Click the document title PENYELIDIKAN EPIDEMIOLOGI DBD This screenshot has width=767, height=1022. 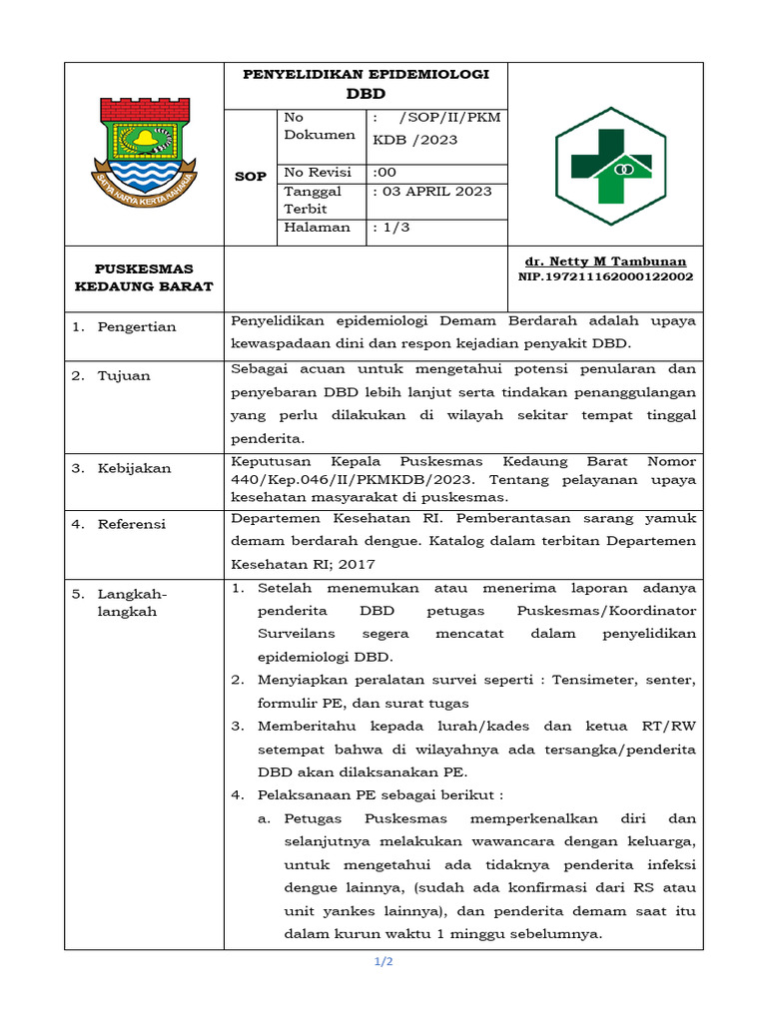tap(367, 84)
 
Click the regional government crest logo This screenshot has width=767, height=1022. tap(144, 152)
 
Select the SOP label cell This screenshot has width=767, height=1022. tap(250, 177)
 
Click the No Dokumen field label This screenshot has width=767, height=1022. tap(319, 126)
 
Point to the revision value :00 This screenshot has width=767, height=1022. tap(384, 171)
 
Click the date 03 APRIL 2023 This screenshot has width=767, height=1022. tap(437, 191)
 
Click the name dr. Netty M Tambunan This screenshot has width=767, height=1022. tap(605, 260)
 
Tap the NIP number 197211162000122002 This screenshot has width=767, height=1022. tap(605, 276)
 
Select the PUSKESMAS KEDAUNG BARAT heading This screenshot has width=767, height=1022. tap(144, 277)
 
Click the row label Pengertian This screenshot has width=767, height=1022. tap(136, 327)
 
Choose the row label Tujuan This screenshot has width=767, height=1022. tap(124, 376)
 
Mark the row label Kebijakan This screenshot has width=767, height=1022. tap(134, 468)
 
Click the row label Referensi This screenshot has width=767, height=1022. tap(132, 524)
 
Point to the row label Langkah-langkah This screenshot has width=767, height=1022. tap(132, 603)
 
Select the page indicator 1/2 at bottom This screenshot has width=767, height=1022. tap(383, 962)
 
